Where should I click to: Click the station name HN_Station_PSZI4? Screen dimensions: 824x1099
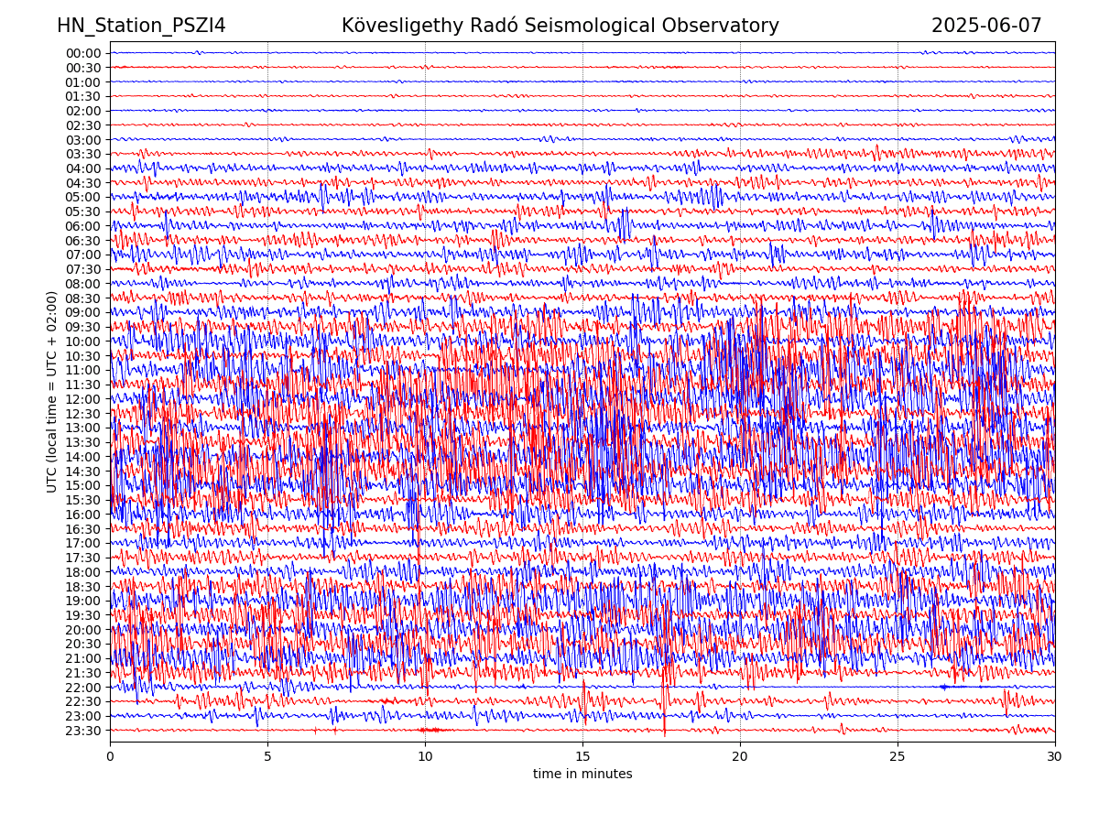(141, 26)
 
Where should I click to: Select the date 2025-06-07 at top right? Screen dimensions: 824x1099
(986, 26)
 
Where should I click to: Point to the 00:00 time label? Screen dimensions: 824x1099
(83, 53)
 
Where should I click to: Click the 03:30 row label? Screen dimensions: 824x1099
(83, 154)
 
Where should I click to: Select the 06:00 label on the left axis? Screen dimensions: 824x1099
(83, 226)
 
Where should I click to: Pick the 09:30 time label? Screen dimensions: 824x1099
(83, 327)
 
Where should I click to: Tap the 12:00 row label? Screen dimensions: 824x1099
(83, 399)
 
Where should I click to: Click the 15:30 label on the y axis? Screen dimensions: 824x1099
(83, 500)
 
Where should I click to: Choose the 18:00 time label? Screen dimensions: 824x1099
(83, 572)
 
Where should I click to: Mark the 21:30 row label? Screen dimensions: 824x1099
(83, 673)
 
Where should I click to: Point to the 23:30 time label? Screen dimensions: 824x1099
(83, 731)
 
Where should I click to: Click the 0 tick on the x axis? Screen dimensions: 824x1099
(110, 757)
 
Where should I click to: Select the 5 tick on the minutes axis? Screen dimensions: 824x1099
(267, 757)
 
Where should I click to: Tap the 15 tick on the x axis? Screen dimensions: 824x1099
(582, 757)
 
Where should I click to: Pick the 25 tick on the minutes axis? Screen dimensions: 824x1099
(898, 757)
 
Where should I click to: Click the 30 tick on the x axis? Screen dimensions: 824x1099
(1055, 757)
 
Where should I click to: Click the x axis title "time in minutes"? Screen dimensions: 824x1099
(582, 775)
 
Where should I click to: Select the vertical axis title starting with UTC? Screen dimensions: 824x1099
(52, 392)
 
